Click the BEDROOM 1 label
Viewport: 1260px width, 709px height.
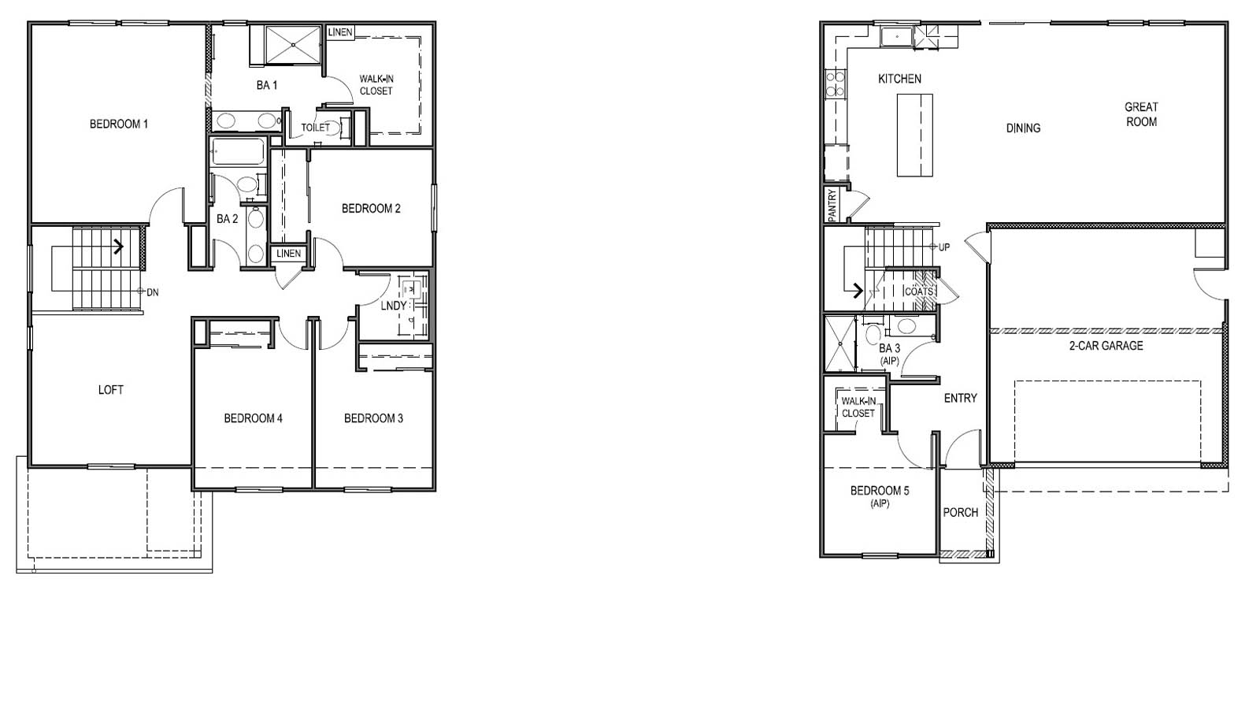119,124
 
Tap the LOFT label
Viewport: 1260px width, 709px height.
111,389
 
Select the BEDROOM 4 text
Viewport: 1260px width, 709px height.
253,418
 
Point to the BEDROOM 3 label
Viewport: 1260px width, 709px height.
373,418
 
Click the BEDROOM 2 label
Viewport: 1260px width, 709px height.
371,209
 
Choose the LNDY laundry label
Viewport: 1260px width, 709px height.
394,306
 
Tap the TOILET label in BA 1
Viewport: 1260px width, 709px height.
316,128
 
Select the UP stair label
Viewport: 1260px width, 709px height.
944,247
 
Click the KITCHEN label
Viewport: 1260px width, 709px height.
899,79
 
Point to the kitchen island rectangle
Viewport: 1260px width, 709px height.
915,135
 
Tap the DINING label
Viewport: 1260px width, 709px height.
1023,128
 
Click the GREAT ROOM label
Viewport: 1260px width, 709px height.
1141,114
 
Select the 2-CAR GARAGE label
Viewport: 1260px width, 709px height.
1106,346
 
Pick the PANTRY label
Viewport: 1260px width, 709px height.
832,205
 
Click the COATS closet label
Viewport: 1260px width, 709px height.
919,291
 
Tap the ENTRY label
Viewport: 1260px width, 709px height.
960,399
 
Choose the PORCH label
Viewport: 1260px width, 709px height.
961,513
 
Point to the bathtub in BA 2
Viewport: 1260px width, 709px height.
237,152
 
